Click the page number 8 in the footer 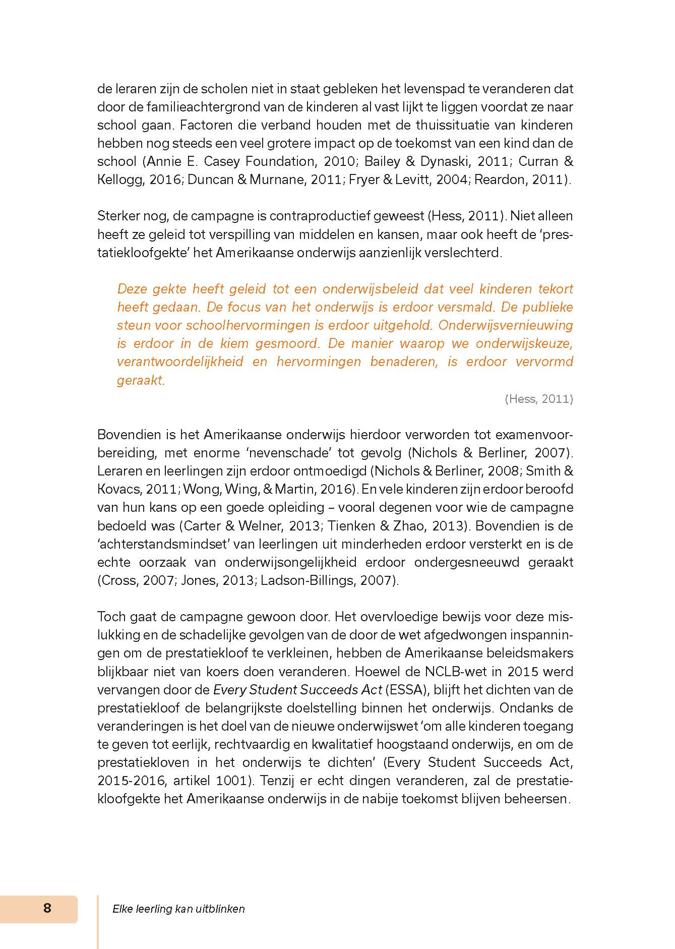(47, 909)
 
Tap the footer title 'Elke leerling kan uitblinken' (178, 909)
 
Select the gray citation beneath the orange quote (538, 399)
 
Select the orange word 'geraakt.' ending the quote (141, 380)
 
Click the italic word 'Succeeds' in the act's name (324, 690)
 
